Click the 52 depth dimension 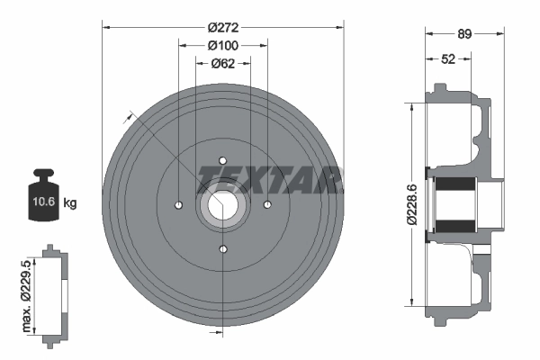pos(447,58)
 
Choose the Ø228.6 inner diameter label pos(412,202)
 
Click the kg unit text pos(70,202)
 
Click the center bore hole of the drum pos(223,205)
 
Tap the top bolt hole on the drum pos(223,160)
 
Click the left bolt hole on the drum pos(179,205)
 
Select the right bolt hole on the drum pos(267,205)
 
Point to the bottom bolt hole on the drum pos(223,249)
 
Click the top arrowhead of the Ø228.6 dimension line pos(412,102)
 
